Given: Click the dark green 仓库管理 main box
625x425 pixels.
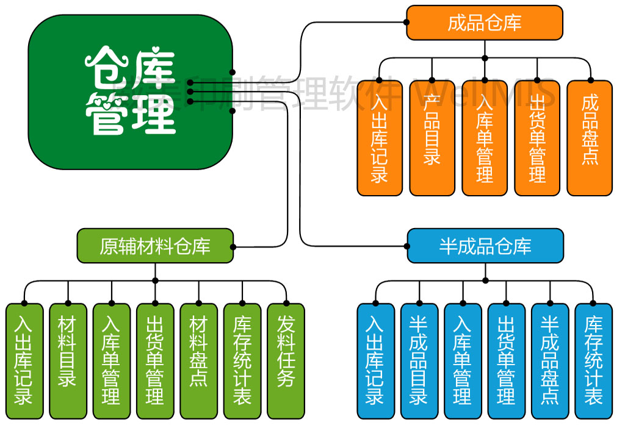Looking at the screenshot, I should coord(130,91).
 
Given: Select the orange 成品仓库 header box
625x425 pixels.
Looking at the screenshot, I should coord(485,23).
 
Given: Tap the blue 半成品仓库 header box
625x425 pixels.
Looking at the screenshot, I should coord(485,246).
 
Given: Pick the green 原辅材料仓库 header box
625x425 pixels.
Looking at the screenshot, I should coord(155,246).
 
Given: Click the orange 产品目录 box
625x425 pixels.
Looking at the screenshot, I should coord(432,138).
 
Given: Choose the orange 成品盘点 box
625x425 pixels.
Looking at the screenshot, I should coord(590,138).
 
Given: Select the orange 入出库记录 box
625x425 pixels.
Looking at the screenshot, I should coord(380,138).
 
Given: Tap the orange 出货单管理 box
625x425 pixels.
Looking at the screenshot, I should coord(537,138).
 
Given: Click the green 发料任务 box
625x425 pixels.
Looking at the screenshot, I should coord(286,360).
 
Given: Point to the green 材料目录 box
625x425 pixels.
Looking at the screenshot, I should coord(68,360).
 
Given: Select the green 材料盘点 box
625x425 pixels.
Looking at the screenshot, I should coord(198,360).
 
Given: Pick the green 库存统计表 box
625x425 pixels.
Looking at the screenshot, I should coord(242,360).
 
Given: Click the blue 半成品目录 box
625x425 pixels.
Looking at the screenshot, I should coord(419,360).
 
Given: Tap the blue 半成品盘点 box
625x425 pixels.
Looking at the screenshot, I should coord(550,360).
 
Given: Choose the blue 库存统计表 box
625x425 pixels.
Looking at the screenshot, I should coord(593,360).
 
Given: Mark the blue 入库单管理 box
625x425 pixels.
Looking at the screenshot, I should coord(463,360).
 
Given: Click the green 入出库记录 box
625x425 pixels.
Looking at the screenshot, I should coord(24,360).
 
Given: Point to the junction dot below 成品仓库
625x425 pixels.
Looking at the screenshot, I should coord(485,59).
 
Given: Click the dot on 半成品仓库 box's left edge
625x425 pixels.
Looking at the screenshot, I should coord(407,246).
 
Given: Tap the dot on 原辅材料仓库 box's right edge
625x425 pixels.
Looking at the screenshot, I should coord(233,247).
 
